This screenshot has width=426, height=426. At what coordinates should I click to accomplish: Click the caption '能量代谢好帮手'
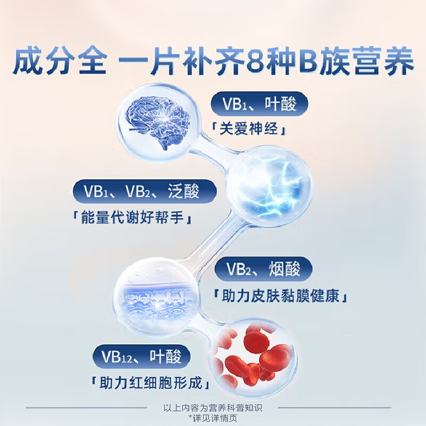(135, 218)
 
